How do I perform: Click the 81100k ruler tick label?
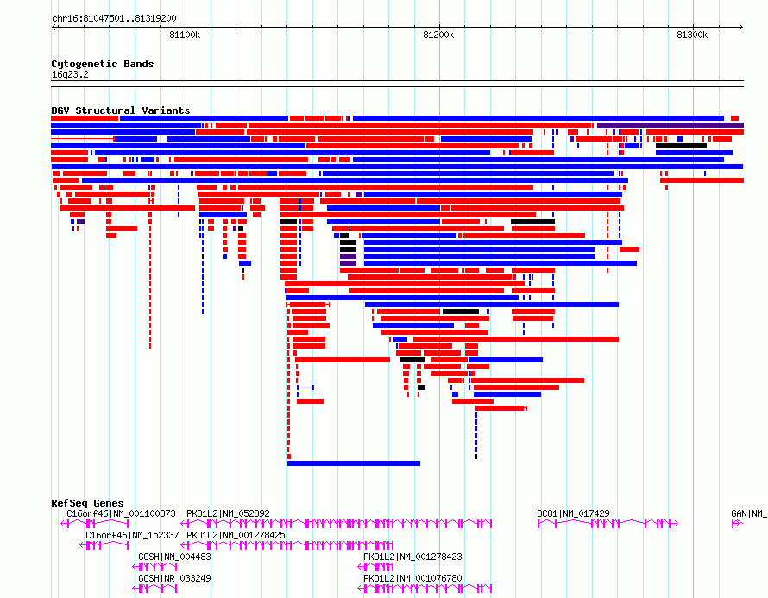pyautogui.click(x=185, y=35)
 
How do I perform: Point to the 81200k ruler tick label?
pyautogui.click(x=438, y=35)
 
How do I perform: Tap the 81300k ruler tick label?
pyautogui.click(x=692, y=35)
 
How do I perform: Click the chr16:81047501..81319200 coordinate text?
pyautogui.click(x=114, y=19)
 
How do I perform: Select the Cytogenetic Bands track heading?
pyautogui.click(x=103, y=64)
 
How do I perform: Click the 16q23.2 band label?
pyautogui.click(x=70, y=74)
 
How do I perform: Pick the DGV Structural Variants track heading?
pyautogui.click(x=121, y=110)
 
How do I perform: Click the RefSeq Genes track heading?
pyautogui.click(x=87, y=503)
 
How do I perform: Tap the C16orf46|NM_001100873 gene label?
pyautogui.click(x=121, y=513)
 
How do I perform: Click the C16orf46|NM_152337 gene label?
pyautogui.click(x=132, y=535)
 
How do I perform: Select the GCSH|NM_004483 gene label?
pyautogui.click(x=175, y=557)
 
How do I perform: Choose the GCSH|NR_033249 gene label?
pyautogui.click(x=175, y=578)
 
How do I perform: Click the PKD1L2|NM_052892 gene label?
pyautogui.click(x=229, y=513)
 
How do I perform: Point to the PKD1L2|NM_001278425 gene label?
pyautogui.click(x=236, y=535)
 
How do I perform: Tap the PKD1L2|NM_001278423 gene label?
pyautogui.click(x=412, y=557)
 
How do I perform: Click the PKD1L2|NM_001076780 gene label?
pyautogui.click(x=412, y=578)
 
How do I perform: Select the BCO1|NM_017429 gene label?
pyautogui.click(x=574, y=513)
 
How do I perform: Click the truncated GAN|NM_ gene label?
pyautogui.click(x=749, y=513)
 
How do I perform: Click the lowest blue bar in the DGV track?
pyautogui.click(x=354, y=463)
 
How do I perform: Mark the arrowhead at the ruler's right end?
pyautogui.click(x=741, y=28)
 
